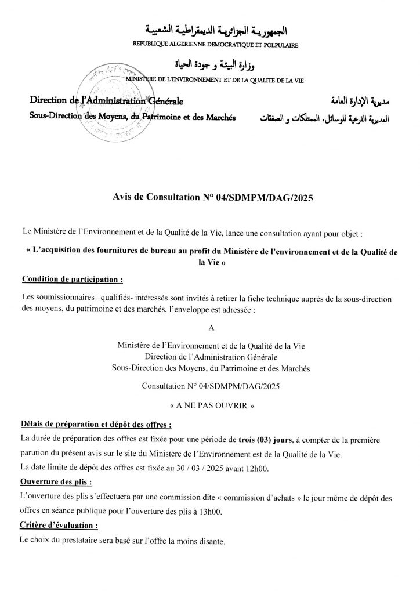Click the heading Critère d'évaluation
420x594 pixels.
59,526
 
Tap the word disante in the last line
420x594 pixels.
209,541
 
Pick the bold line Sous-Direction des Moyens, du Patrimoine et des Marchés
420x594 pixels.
133,117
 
